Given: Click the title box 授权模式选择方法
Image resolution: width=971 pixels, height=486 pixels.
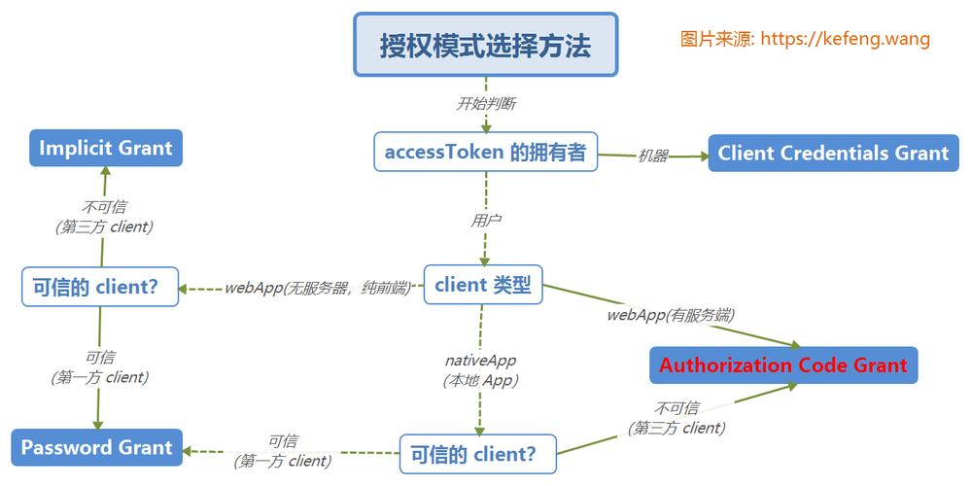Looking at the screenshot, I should coord(485,45).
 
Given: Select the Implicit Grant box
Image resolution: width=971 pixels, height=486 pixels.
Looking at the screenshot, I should coord(105,149).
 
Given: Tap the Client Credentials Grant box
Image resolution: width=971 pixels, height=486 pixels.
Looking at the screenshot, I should coord(833,154).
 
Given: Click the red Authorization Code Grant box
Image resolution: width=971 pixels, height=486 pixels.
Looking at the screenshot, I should coord(782,365).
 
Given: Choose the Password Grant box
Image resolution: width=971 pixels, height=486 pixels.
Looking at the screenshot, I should coord(96,448).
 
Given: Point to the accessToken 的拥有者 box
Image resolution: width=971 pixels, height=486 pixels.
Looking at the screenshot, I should coord(485,152).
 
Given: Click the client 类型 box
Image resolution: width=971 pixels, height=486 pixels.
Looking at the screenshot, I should coord(482,285).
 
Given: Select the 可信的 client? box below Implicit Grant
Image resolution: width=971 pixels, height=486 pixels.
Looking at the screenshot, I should coord(100,287).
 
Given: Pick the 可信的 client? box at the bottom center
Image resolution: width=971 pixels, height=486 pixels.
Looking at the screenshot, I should coord(479,453).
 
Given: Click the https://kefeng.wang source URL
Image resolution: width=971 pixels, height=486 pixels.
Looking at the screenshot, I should coord(845,39).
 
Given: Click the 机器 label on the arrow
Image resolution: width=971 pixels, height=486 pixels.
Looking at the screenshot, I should coord(652,156).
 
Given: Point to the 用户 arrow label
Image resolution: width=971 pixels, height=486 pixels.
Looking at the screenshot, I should coord(485,221).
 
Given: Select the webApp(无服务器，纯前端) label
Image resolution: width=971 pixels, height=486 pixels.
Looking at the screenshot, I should coord(317,288).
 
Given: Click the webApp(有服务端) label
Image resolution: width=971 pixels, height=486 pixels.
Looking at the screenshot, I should coord(671,315).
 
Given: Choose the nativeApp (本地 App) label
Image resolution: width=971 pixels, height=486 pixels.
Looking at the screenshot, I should coord(480,370).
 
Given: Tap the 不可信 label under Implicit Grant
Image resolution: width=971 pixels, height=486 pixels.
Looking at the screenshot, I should coord(104,216).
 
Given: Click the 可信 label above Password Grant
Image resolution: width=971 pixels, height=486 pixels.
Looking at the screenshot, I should coord(100,366).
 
